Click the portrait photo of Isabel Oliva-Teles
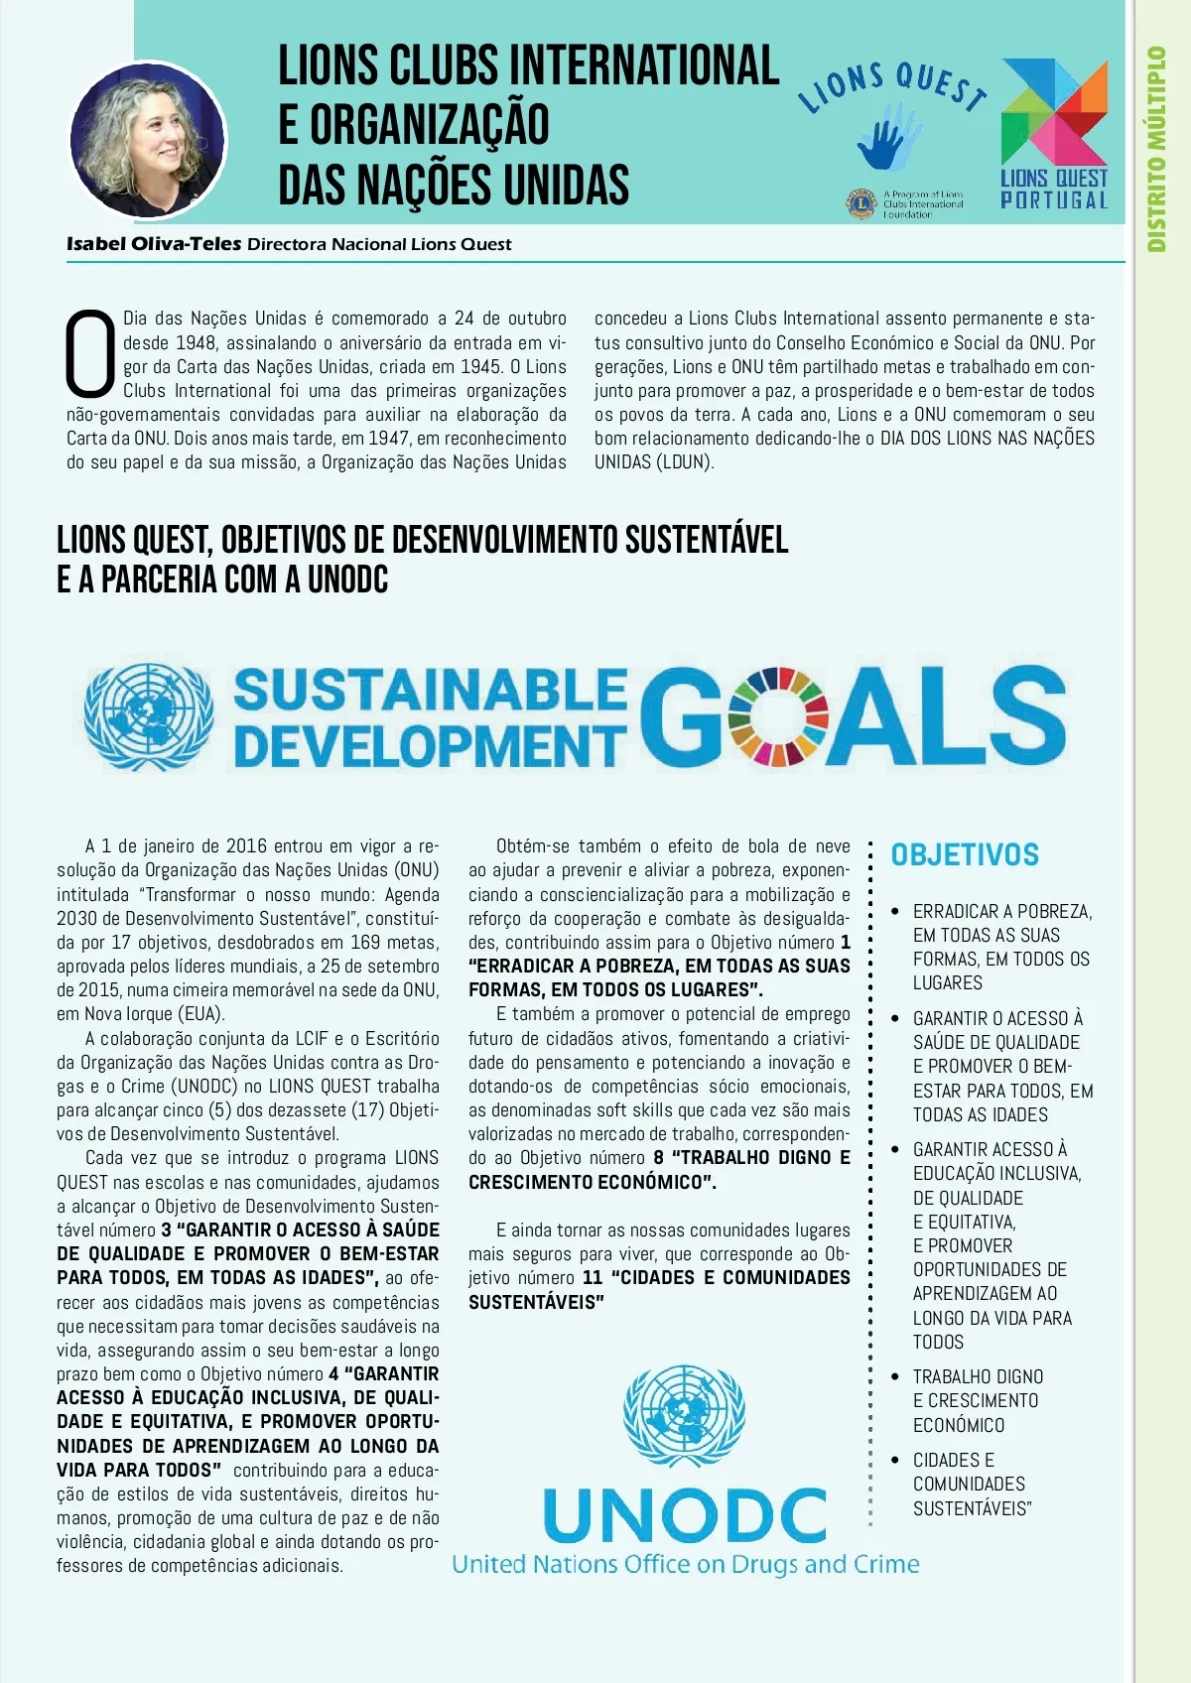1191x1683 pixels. (147, 139)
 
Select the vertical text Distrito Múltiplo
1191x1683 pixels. (1157, 149)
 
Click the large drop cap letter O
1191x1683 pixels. (90, 354)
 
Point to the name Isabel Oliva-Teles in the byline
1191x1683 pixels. (154, 244)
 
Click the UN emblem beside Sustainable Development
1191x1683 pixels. (149, 716)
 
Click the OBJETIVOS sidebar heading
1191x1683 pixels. (965, 854)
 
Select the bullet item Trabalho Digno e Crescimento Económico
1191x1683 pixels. (977, 1400)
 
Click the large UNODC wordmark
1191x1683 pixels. (685, 1515)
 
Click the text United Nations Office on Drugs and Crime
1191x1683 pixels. (685, 1565)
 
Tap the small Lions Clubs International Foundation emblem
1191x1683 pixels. (860, 204)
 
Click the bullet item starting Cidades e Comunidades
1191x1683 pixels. (971, 1484)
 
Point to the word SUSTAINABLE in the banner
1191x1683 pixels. (430, 690)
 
